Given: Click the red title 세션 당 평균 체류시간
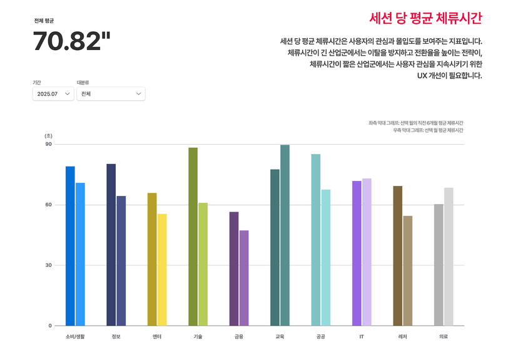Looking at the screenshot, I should [x=425, y=18].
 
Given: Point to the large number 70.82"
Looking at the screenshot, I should [x=71, y=42].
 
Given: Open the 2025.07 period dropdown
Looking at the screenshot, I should [x=53, y=94].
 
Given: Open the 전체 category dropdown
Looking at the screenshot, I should [x=111, y=94].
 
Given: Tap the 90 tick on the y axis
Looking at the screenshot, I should [x=49, y=144].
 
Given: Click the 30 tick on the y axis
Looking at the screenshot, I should [x=49, y=265].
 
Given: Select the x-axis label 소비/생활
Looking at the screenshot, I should [x=75, y=336].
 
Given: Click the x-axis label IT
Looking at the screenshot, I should [x=362, y=336].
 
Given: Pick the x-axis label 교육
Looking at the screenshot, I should [x=280, y=336].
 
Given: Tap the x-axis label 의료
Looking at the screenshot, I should [x=444, y=336].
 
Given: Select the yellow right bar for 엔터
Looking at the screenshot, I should [x=162, y=270].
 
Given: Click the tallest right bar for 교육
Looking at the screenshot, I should [x=285, y=235].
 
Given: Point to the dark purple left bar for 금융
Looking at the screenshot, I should [x=234, y=269].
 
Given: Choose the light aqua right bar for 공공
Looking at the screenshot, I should [x=326, y=257].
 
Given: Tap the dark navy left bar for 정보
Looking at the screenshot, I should [x=111, y=245].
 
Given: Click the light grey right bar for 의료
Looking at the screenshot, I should [x=449, y=257].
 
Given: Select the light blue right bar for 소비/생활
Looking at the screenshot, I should [x=80, y=254].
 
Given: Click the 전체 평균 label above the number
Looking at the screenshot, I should [x=44, y=21].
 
